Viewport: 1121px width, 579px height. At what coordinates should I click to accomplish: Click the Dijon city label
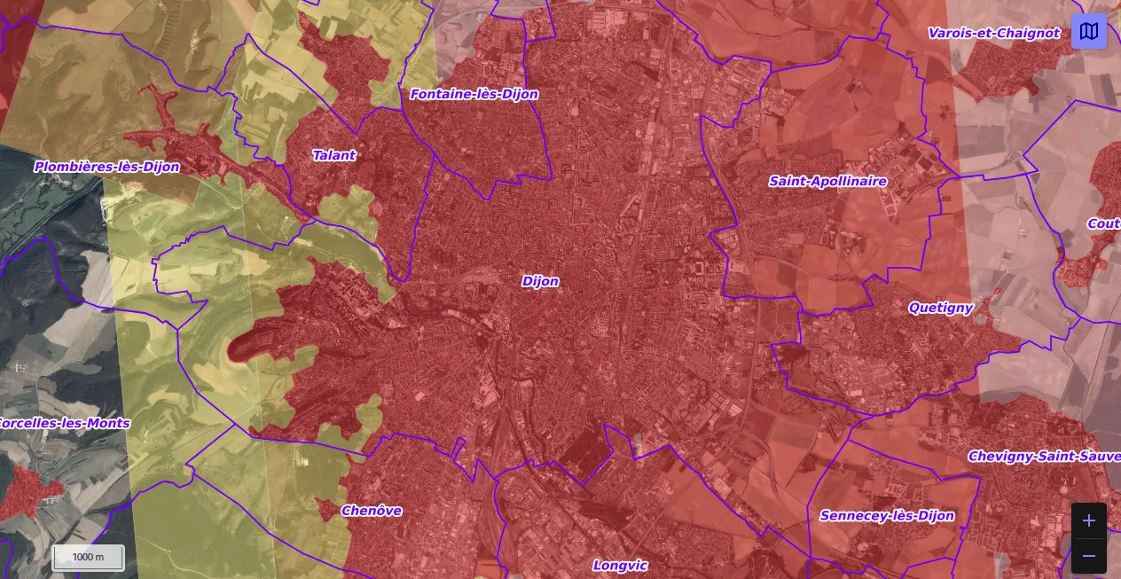point(540,281)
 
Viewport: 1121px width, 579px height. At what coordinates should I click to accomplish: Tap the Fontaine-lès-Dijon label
point(474,94)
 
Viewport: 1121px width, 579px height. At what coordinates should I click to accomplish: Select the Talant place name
point(333,155)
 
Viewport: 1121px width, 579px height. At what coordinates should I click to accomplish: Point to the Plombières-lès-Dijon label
point(106,167)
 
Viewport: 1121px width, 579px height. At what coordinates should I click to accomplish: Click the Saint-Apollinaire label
point(827,181)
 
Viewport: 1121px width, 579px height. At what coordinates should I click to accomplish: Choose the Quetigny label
point(940,308)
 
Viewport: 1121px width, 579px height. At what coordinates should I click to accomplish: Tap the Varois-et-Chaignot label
point(993,33)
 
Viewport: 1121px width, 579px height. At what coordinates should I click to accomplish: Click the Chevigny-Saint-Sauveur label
point(1044,456)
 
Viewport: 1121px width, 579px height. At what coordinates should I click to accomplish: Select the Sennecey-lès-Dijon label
point(887,515)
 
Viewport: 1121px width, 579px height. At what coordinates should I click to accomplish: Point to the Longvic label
point(620,565)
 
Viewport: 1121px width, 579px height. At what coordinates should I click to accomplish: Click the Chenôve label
point(372,511)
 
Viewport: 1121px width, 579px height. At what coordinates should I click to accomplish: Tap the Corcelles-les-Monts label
point(64,423)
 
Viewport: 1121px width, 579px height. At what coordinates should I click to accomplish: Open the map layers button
point(1088,31)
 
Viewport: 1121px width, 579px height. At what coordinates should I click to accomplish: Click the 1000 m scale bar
point(88,557)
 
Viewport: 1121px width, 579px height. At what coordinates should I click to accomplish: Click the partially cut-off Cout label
point(1103,223)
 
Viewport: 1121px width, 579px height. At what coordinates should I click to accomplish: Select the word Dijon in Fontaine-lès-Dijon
point(518,94)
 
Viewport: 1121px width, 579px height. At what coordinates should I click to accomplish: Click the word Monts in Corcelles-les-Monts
point(108,423)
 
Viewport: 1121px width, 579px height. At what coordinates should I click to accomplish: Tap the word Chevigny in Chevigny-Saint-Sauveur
point(999,456)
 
